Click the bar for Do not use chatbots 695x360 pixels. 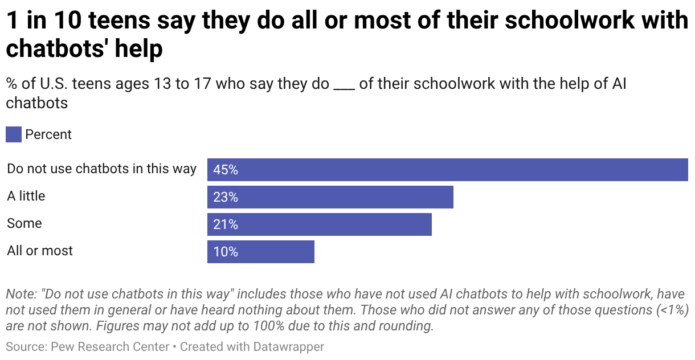447,170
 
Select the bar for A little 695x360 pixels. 330,197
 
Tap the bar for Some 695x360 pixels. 319,224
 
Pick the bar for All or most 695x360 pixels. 260,252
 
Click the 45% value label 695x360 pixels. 226,170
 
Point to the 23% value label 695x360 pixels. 226,197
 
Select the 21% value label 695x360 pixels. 226,224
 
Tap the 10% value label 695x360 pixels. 226,252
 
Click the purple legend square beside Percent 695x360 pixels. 14,135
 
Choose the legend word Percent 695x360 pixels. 48,135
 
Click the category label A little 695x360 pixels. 26,196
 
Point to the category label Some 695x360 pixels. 24,223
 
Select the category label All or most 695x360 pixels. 40,251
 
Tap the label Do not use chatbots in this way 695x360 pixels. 101,169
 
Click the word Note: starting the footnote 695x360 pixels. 21,294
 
